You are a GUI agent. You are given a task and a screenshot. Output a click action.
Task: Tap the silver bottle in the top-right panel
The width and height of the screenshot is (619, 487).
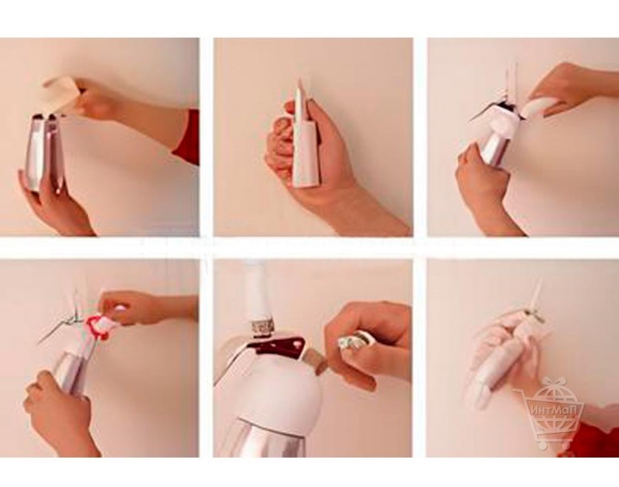click(x=495, y=145)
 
